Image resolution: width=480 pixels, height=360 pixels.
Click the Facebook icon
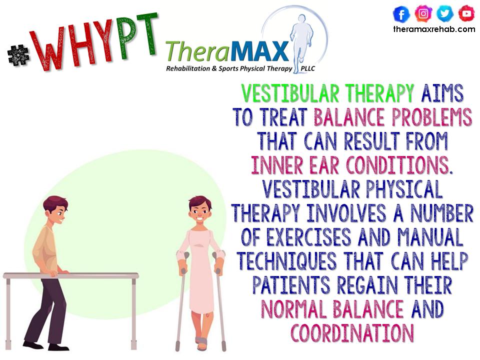pos(401,14)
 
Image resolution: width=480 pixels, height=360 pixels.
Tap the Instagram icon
pos(423,14)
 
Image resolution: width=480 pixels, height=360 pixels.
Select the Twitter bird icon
pos(445,14)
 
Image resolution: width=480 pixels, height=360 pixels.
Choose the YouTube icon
pos(466,14)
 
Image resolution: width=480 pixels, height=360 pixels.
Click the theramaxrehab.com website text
pos(433,29)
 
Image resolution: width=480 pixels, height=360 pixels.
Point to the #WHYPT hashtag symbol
pos(19,53)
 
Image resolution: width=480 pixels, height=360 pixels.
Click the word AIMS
pos(442,93)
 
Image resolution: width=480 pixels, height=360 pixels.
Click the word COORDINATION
pos(352,333)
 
